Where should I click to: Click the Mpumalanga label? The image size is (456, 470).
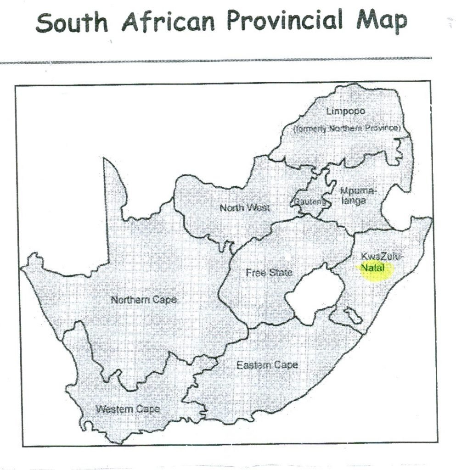[357, 196]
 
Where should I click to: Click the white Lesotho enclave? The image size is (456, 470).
[314, 294]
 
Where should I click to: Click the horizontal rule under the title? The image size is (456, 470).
[216, 60]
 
